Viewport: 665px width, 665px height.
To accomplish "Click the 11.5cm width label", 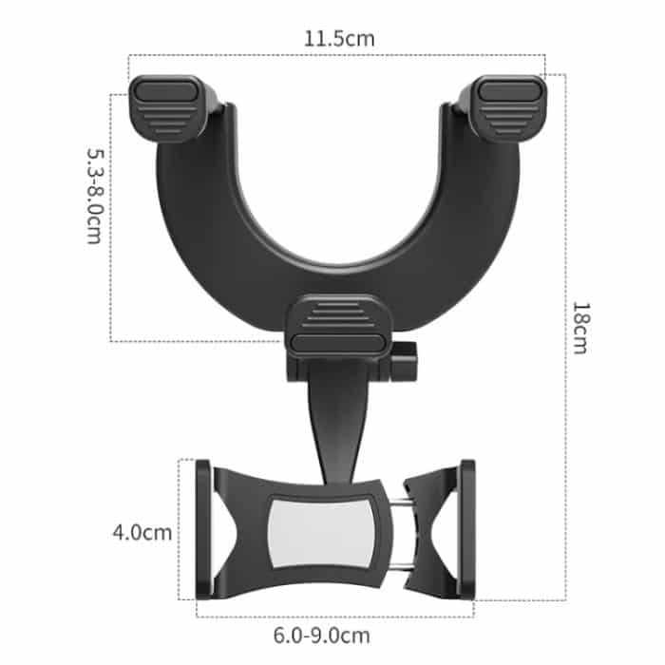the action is tap(339, 39).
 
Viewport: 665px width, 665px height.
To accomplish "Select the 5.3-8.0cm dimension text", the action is tap(95, 196).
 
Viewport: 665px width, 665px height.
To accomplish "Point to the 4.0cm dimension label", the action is tap(142, 532).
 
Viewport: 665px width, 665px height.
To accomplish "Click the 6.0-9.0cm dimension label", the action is tap(321, 636).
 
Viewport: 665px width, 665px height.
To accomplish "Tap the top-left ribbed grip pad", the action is tap(168, 108).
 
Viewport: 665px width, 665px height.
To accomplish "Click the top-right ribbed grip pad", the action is tap(508, 108).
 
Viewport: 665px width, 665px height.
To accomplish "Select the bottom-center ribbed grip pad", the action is tap(338, 325).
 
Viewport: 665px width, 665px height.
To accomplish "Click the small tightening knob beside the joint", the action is tap(404, 362).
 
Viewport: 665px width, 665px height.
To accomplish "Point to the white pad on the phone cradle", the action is tap(321, 533).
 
